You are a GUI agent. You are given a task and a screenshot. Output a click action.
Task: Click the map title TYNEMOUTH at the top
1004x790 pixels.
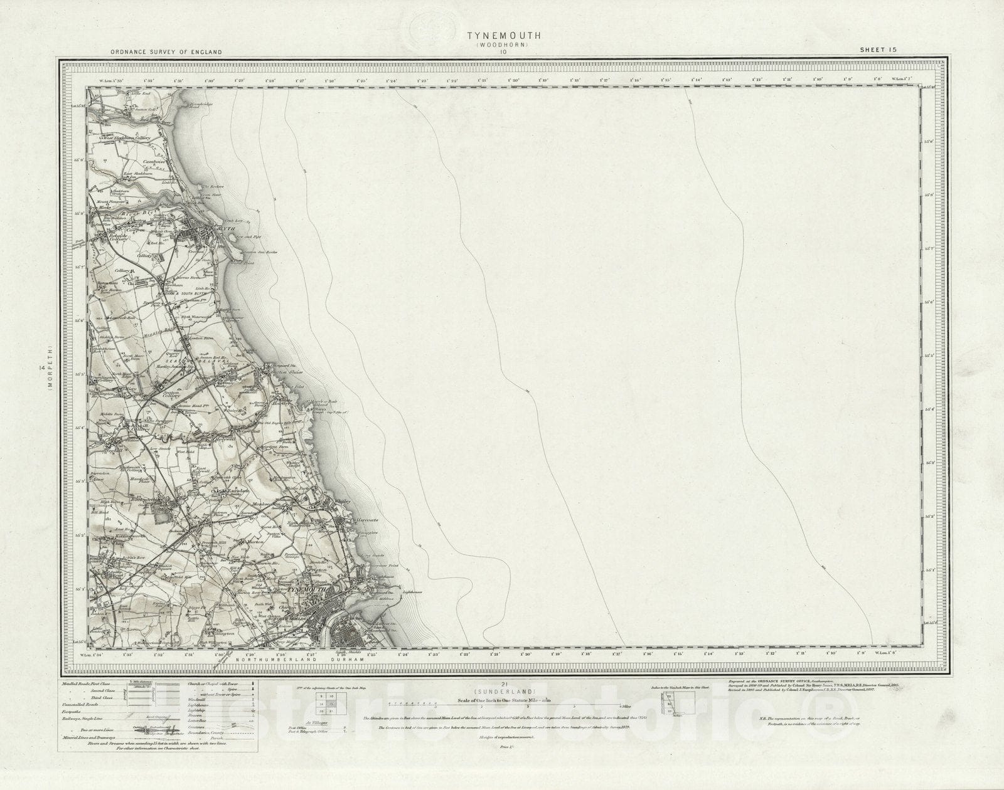501,37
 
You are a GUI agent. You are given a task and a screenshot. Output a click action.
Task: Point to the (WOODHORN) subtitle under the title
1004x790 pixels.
501,45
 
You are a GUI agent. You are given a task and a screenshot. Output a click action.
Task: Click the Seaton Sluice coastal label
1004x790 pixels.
282,371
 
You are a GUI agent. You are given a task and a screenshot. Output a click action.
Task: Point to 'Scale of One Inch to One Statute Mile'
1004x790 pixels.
502,698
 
